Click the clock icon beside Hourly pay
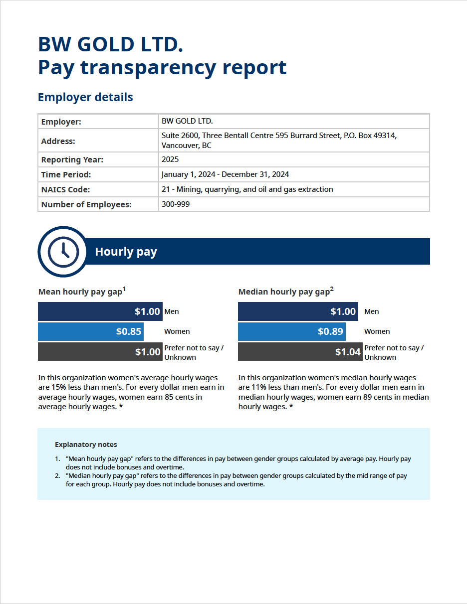pyautogui.click(x=63, y=252)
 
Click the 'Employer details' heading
pyautogui.click(x=85, y=97)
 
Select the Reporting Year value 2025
pyautogui.click(x=170, y=160)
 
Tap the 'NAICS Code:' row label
pyautogui.click(x=65, y=190)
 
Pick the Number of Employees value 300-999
pyautogui.click(x=176, y=204)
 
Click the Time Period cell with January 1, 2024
pyautogui.click(x=225, y=175)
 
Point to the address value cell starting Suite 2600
pyautogui.click(x=278, y=141)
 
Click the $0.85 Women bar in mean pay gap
pyautogui.click(x=91, y=331)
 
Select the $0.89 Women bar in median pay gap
pyautogui.click(x=291, y=331)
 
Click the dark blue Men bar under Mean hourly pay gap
pyautogui.click(x=100, y=311)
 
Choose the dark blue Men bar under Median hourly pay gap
pyautogui.click(x=298, y=311)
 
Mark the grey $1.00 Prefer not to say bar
pyautogui.click(x=100, y=352)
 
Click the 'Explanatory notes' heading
pyautogui.click(x=86, y=445)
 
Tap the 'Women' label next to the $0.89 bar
pyautogui.click(x=377, y=331)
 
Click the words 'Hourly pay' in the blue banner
pyautogui.click(x=126, y=252)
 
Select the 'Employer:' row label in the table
pyautogui.click(x=61, y=122)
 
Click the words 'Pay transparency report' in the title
pyautogui.click(x=162, y=67)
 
